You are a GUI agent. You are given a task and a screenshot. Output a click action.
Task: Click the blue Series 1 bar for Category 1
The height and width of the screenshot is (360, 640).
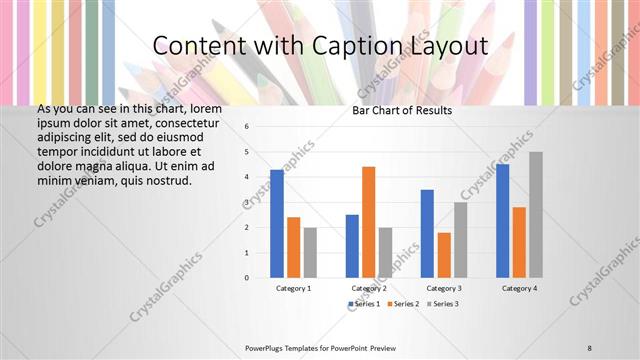[277, 223]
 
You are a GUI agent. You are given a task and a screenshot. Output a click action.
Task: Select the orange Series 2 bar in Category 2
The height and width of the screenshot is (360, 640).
[368, 221]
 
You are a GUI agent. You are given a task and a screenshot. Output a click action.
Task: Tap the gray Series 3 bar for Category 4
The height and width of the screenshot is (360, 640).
[535, 214]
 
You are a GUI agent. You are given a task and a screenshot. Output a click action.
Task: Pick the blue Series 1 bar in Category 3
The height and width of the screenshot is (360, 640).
[427, 233]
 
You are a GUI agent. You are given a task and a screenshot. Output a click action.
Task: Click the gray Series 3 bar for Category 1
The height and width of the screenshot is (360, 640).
[310, 252]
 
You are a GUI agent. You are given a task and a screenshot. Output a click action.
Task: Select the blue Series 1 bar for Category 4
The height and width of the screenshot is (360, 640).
[502, 220]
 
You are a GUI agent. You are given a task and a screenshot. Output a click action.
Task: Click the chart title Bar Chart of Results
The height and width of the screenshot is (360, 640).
[402, 110]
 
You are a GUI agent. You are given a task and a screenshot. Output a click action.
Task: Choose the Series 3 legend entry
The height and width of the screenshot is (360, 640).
[442, 303]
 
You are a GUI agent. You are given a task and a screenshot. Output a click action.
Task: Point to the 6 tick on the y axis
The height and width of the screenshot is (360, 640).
[247, 127]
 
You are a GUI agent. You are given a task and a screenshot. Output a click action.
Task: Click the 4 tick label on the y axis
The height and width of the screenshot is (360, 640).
[247, 177]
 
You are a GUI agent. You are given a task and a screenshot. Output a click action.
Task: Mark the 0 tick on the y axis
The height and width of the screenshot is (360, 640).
[247, 277]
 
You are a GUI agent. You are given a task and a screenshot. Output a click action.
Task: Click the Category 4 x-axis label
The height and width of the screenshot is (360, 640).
[518, 288]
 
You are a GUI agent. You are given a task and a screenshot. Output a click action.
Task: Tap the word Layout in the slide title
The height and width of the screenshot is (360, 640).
[446, 46]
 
